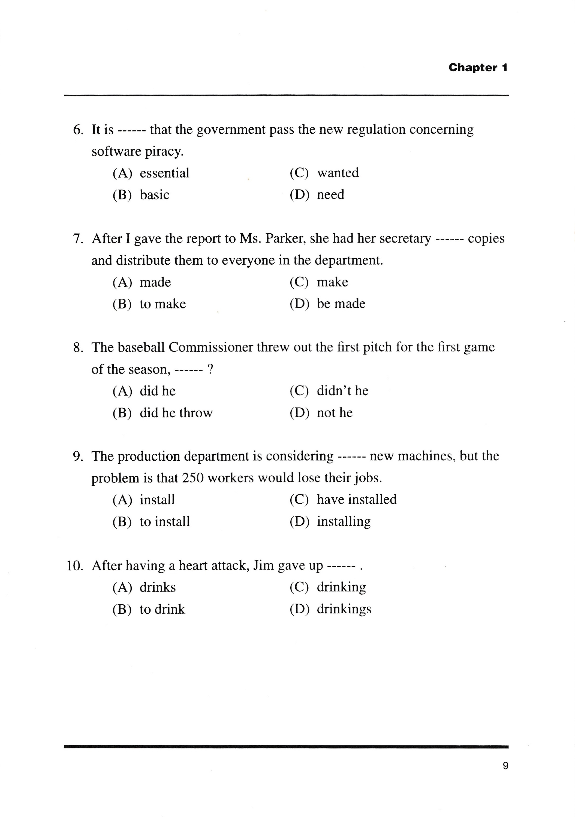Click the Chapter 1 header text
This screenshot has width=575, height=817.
click(x=478, y=68)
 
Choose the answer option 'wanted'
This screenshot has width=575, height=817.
click(x=338, y=173)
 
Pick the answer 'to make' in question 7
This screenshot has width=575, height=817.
click(x=162, y=304)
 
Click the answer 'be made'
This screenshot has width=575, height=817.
click(x=341, y=304)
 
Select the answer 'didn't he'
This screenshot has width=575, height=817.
click(x=342, y=391)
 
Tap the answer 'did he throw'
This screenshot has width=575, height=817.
click(x=176, y=413)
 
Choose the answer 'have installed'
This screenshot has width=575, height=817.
click(x=357, y=500)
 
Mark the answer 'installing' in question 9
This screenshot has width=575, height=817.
click(x=344, y=522)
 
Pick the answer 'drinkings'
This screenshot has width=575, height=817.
click(x=344, y=609)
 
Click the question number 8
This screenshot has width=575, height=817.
click(x=78, y=348)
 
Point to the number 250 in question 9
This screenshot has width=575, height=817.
click(x=192, y=478)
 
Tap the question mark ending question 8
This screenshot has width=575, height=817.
click(x=210, y=369)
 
